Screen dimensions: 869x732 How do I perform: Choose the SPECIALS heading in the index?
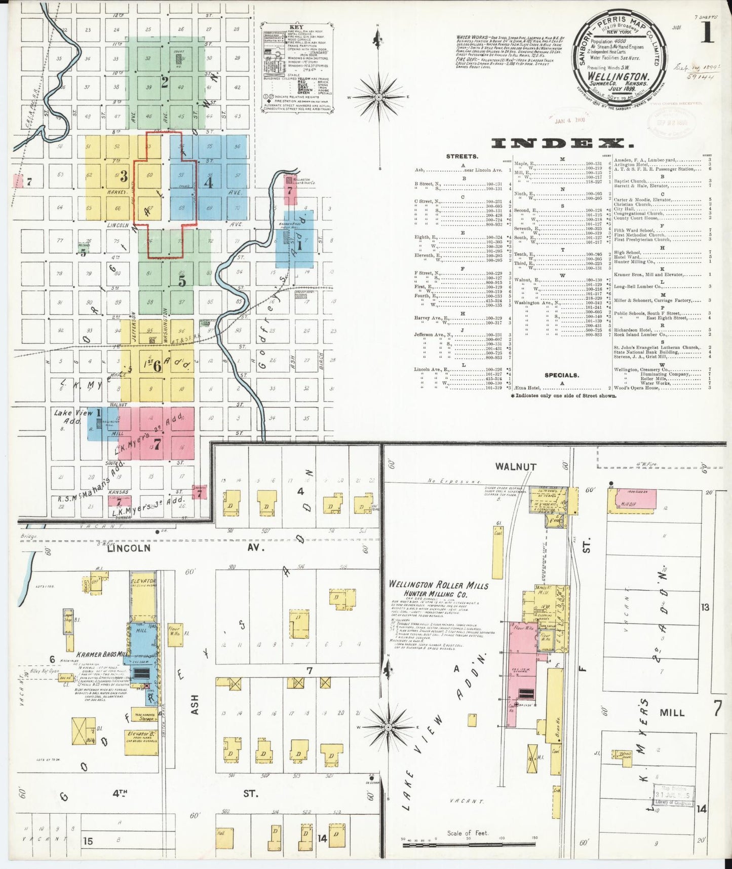(561, 375)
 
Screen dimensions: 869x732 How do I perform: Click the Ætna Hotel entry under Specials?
(430, 388)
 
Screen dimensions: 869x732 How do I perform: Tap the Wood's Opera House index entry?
(637, 388)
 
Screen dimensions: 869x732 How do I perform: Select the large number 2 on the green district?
(164, 83)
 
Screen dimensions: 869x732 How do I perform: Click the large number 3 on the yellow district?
(123, 176)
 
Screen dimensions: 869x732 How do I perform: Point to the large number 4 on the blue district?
(208, 182)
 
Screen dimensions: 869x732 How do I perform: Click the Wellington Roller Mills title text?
(439, 585)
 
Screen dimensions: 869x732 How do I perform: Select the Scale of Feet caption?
(467, 833)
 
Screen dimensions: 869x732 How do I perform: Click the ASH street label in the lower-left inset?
(195, 704)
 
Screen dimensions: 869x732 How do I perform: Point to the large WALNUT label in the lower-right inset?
(516, 467)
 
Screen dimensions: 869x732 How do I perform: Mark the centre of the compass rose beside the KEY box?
(379, 96)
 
